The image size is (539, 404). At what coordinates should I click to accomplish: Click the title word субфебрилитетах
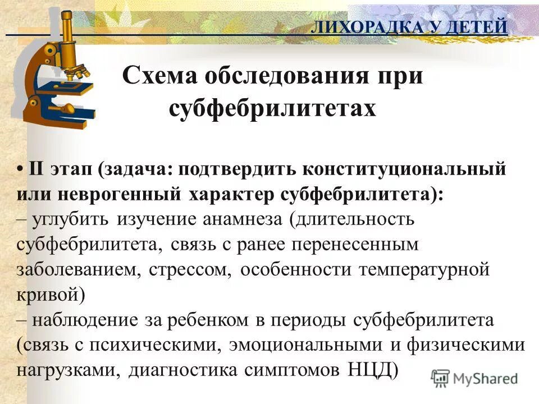pyautogui.click(x=272, y=108)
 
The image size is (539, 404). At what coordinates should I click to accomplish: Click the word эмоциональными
pyautogui.click(x=301, y=345)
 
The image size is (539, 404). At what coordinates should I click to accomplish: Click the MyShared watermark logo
pyautogui.click(x=474, y=378)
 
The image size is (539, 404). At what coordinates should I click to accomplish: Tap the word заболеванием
pyautogui.click(x=78, y=269)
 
